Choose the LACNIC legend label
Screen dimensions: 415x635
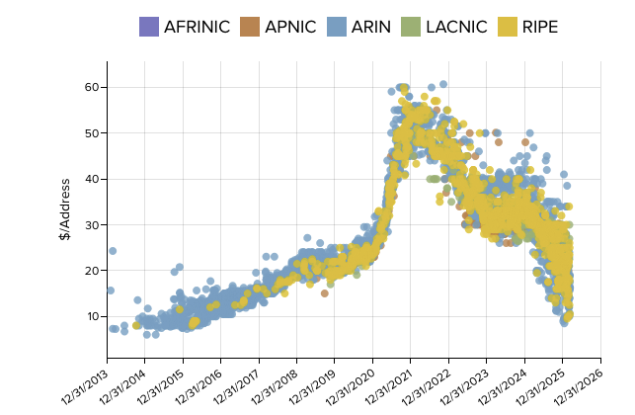click(x=456, y=27)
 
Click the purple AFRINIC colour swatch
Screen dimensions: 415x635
click(x=149, y=27)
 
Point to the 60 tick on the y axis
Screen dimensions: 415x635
click(x=90, y=87)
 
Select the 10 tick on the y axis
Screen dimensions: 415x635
click(x=90, y=316)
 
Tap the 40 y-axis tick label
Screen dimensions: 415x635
click(x=90, y=179)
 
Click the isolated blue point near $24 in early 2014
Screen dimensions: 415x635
click(x=113, y=251)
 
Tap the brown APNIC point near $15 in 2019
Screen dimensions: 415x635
click(x=325, y=293)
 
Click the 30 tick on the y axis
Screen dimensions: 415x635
click(x=90, y=224)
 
